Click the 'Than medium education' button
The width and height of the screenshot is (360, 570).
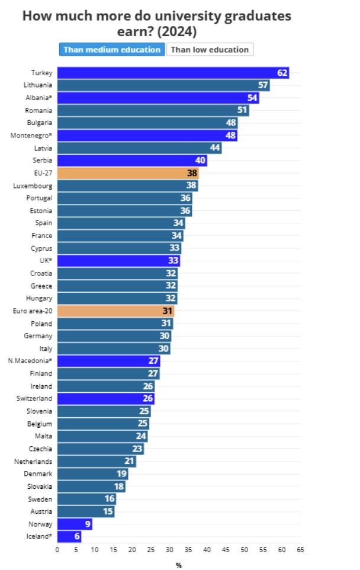pyautogui.click(x=112, y=50)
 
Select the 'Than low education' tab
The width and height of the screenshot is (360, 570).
pyautogui.click(x=210, y=50)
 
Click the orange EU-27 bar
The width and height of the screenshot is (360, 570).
pyautogui.click(x=128, y=173)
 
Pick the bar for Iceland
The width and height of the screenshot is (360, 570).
pyautogui.click(x=69, y=537)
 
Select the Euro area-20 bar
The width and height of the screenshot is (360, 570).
pyautogui.click(x=115, y=311)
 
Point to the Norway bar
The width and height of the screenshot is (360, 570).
pyautogui.click(x=74, y=524)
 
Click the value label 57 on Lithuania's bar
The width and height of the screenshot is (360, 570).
pyautogui.click(x=263, y=85)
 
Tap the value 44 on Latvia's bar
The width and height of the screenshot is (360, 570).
pyautogui.click(x=214, y=148)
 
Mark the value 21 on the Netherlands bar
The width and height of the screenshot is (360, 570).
pyautogui.click(x=129, y=462)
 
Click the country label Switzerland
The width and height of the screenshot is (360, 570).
pyautogui.click(x=34, y=399)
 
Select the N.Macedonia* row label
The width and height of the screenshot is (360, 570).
pyautogui.click(x=30, y=361)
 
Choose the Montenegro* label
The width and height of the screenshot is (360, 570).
pyautogui.click(x=31, y=136)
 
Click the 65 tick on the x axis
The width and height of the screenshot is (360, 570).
pyautogui.click(x=300, y=549)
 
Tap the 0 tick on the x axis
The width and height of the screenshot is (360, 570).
pyautogui.click(x=57, y=549)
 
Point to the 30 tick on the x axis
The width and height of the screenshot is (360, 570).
pyautogui.click(x=169, y=549)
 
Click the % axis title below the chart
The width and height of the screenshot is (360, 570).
pyautogui.click(x=179, y=565)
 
